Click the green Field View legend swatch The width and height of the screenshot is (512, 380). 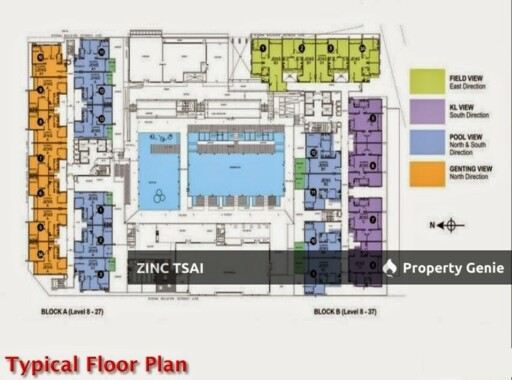coord(425,81)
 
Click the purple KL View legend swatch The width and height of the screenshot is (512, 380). coord(425,112)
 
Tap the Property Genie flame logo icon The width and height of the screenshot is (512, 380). coord(390,267)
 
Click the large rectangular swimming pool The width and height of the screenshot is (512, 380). coord(236,166)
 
